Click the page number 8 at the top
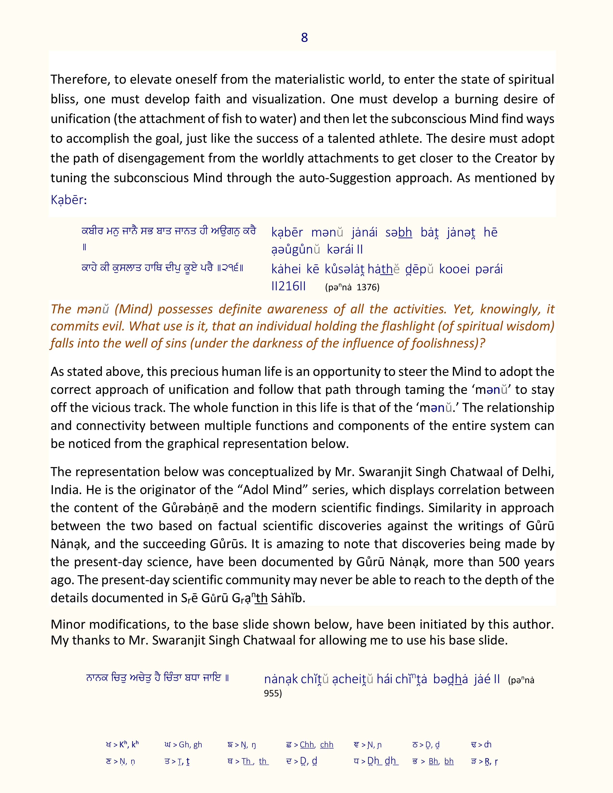click(x=304, y=37)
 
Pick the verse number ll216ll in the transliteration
click(x=288, y=286)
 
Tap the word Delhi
click(x=537, y=472)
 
